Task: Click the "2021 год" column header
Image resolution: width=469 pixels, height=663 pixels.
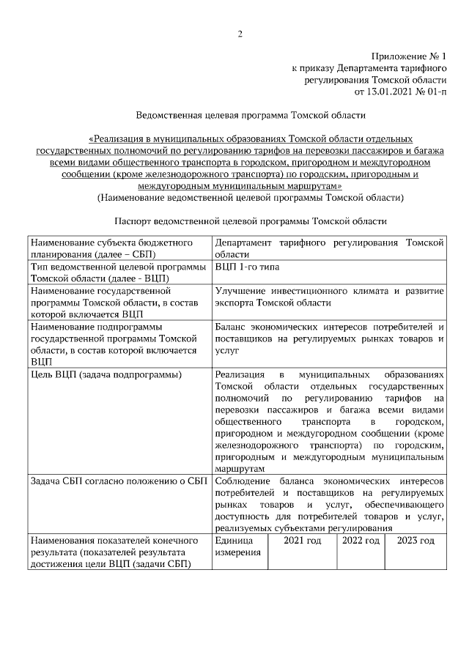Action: pyautogui.click(x=303, y=541)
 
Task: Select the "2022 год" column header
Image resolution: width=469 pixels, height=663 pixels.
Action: pyautogui.click(x=361, y=541)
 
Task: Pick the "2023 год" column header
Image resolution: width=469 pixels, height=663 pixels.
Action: pyautogui.click(x=416, y=541)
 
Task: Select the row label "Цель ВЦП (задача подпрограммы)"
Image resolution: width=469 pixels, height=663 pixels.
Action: pyautogui.click(x=106, y=375)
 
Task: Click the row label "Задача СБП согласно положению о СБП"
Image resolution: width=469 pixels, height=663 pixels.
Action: pyautogui.click(x=117, y=481)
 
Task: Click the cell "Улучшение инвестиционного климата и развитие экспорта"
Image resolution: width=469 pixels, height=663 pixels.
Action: pyautogui.click(x=330, y=297)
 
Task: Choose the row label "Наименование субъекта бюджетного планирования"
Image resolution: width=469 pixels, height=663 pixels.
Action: pyautogui.click(x=111, y=247)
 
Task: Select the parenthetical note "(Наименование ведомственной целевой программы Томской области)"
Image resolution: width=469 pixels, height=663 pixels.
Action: pyautogui.click(x=250, y=198)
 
